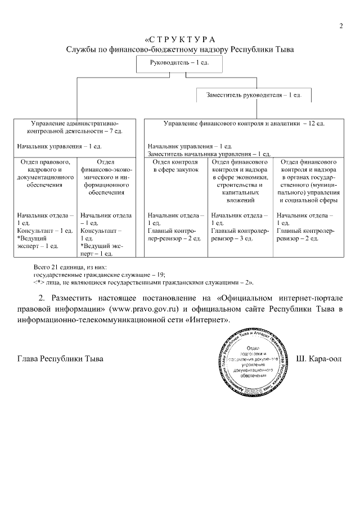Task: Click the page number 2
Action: point(341,25)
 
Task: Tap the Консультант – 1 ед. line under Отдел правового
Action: point(45,231)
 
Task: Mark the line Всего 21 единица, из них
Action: point(70,267)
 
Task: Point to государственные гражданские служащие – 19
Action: point(99,274)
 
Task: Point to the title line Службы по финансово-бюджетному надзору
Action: point(180,49)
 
